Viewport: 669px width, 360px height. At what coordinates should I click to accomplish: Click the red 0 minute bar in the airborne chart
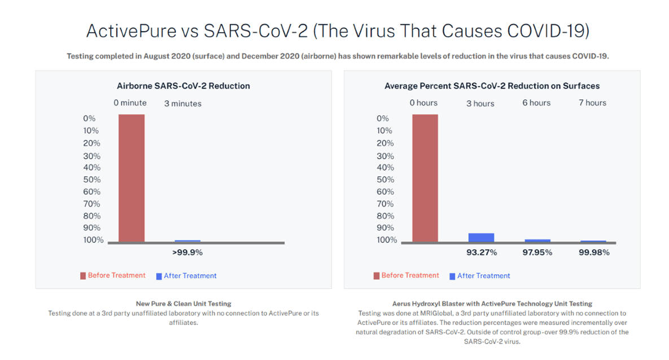[x=131, y=178]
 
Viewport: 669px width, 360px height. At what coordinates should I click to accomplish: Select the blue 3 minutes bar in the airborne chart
[x=187, y=241]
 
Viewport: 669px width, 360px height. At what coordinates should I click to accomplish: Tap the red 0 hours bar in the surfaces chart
[x=425, y=178]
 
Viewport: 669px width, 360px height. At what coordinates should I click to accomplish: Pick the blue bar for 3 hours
[x=481, y=238]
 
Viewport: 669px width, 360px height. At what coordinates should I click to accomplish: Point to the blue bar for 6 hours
[x=537, y=241]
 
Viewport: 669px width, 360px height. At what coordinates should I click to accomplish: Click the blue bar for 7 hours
[x=593, y=242]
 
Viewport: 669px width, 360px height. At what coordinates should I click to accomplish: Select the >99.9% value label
[x=187, y=253]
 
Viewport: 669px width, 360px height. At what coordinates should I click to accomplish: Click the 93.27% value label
[x=482, y=253]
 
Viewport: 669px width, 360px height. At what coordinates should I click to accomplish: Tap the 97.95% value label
[x=537, y=253]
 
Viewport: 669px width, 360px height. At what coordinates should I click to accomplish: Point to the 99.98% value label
[x=594, y=253]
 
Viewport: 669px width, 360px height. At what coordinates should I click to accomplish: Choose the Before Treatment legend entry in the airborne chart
[x=113, y=276]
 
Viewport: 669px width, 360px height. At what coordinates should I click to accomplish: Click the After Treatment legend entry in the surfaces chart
[x=480, y=276]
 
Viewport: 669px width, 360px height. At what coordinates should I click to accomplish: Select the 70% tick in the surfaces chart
[x=385, y=204]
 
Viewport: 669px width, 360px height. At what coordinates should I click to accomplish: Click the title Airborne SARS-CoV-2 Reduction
[x=183, y=86]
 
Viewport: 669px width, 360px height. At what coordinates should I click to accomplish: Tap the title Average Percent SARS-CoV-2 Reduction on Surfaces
[x=492, y=86]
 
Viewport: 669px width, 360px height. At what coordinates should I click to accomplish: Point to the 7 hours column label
[x=592, y=103]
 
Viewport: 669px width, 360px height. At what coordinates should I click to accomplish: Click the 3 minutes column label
[x=183, y=103]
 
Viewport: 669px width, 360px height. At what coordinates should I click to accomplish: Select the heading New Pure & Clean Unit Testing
[x=183, y=304]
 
